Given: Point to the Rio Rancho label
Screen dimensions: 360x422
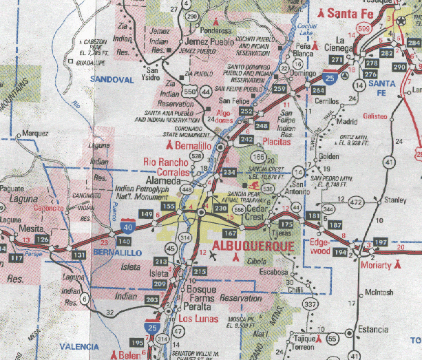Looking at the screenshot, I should coord(165,162).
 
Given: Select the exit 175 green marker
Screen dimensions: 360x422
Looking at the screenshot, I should coord(286,224).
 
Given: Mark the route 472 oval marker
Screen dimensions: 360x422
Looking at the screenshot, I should coord(355,202).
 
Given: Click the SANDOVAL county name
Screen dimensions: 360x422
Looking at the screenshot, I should coord(112,79).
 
